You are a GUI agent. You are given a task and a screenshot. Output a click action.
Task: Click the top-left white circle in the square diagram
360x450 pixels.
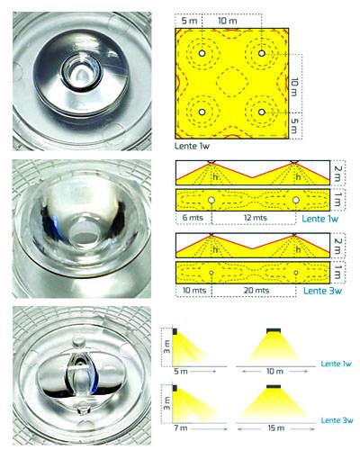pos(202,53)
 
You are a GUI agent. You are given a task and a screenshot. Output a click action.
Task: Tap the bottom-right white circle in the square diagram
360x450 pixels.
pos(262,112)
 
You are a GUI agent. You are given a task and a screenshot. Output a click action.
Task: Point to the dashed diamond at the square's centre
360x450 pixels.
pos(232,82)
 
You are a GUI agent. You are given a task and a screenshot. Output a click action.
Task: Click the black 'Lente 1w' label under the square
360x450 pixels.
pos(192,146)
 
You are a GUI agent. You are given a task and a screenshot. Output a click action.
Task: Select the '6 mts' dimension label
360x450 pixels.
pos(193,218)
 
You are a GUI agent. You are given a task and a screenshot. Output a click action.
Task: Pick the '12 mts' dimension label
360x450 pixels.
pos(255,218)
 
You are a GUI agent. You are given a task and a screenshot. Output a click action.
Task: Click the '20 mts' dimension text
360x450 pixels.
pos(256,290)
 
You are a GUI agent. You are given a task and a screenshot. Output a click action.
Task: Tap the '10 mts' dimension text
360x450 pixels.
pos(194,290)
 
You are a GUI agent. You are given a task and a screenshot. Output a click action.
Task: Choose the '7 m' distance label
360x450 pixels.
pos(181,428)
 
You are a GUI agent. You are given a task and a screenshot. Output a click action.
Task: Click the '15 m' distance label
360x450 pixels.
pos(275,428)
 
